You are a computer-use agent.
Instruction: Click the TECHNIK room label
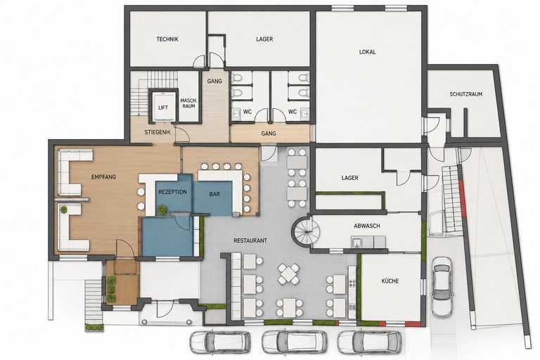tap(167, 39)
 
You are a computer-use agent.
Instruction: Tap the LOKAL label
tap(368, 52)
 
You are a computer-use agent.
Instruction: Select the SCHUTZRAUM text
tap(465, 94)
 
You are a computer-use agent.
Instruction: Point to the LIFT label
tap(163, 108)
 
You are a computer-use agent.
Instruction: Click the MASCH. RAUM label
tap(188, 103)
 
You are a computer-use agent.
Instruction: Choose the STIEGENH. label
tap(157, 132)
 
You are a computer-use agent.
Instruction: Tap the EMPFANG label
tap(103, 177)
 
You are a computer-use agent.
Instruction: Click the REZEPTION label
tap(172, 192)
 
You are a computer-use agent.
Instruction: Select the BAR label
tap(214, 194)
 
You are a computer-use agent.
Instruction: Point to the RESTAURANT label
tap(250, 240)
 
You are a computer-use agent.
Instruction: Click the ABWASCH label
tap(367, 226)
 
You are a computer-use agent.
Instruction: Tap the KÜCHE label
tap(390, 281)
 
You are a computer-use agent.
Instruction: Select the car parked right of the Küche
tap(442, 287)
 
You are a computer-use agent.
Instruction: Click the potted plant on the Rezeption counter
tap(162, 209)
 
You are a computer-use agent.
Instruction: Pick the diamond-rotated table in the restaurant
tap(288, 274)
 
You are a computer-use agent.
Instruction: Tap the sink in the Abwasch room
tap(357, 242)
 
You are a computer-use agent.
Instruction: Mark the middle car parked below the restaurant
tap(295, 342)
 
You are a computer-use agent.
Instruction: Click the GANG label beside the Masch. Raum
tap(214, 82)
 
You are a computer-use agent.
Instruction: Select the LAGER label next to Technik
tap(264, 39)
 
